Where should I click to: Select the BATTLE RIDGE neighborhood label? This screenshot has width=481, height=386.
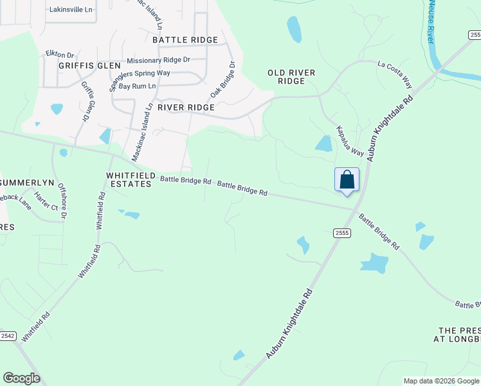coord(186,40)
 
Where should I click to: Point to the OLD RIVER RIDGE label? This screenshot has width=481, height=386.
coord(291,77)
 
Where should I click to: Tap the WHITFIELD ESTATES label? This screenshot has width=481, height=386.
coord(129,179)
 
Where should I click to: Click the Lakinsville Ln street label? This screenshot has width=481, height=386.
coord(71,10)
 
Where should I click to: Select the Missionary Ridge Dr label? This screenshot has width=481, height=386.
coord(159,60)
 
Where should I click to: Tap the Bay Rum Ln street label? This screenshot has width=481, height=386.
coord(138,86)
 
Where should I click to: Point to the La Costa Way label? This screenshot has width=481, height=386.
coord(395,74)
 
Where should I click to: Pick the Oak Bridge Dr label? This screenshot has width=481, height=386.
coord(223,80)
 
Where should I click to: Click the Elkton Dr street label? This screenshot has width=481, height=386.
coord(60,55)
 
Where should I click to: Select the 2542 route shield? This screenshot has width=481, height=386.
coord(8,336)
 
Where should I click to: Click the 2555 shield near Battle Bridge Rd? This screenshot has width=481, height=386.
coord(341,233)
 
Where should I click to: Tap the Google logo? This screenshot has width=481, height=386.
coord(22,378)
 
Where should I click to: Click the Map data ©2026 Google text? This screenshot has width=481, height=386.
coord(441,381)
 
